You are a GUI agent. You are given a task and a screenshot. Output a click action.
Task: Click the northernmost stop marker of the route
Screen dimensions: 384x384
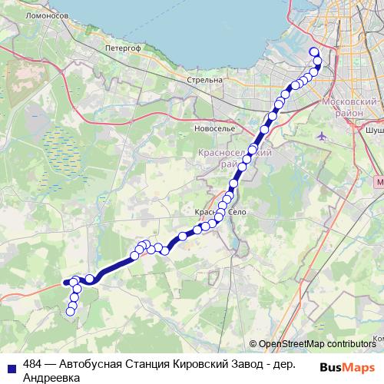pos(313,52)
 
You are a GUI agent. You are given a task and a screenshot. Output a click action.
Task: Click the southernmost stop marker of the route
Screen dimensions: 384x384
pos(71,311)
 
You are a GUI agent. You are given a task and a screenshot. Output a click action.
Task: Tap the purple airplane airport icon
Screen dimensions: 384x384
pos(323,136)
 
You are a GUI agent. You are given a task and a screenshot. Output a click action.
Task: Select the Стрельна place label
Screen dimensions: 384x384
pos(205,79)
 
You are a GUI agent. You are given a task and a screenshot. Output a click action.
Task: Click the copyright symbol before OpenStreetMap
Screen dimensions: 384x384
pos(253,344)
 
